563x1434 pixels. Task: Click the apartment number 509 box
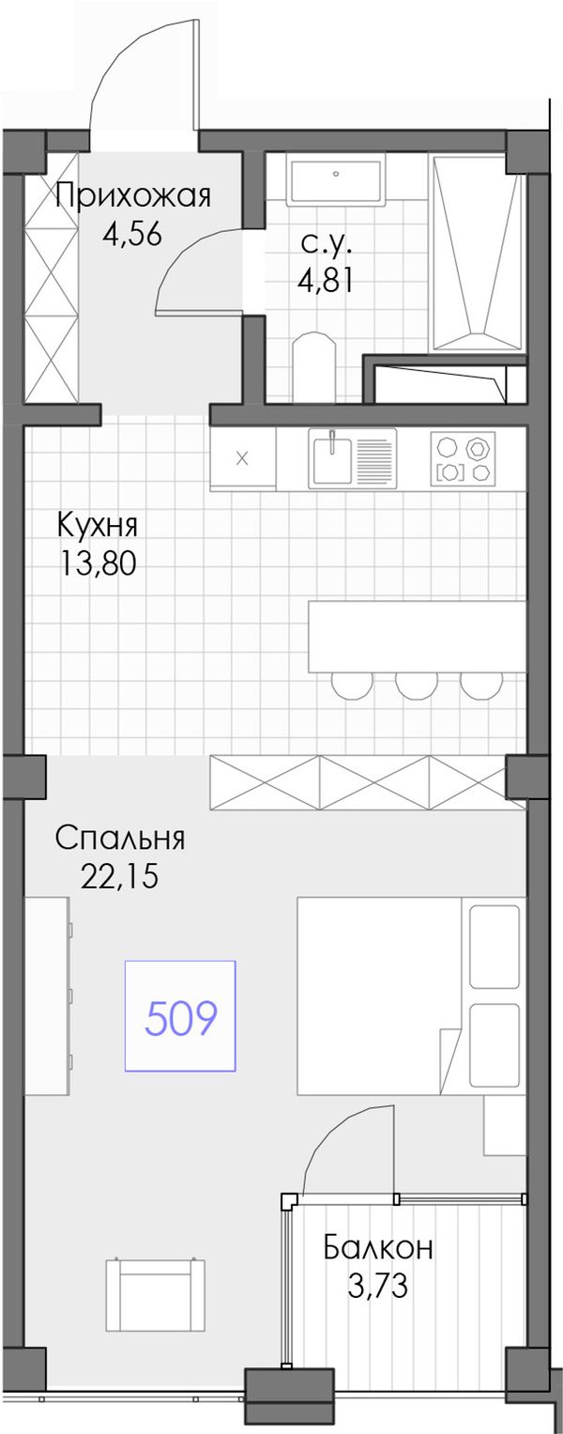(x=180, y=1016)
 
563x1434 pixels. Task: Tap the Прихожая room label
(x=132, y=196)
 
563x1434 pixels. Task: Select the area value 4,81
(x=325, y=280)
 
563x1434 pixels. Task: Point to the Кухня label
(x=98, y=526)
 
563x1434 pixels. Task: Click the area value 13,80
(x=99, y=564)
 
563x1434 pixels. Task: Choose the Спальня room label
(x=120, y=838)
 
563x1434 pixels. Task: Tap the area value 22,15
(x=119, y=876)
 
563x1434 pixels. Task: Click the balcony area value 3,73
(x=377, y=1286)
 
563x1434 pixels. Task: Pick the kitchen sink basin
(x=332, y=458)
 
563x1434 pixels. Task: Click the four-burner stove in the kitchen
(x=462, y=458)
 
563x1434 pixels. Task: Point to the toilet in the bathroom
(x=313, y=367)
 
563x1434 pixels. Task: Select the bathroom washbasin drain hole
(x=337, y=173)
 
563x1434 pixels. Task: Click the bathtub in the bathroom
(x=478, y=252)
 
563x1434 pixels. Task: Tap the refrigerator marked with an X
(x=242, y=458)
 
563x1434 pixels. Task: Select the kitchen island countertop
(x=416, y=636)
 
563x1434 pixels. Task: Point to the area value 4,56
(x=131, y=235)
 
